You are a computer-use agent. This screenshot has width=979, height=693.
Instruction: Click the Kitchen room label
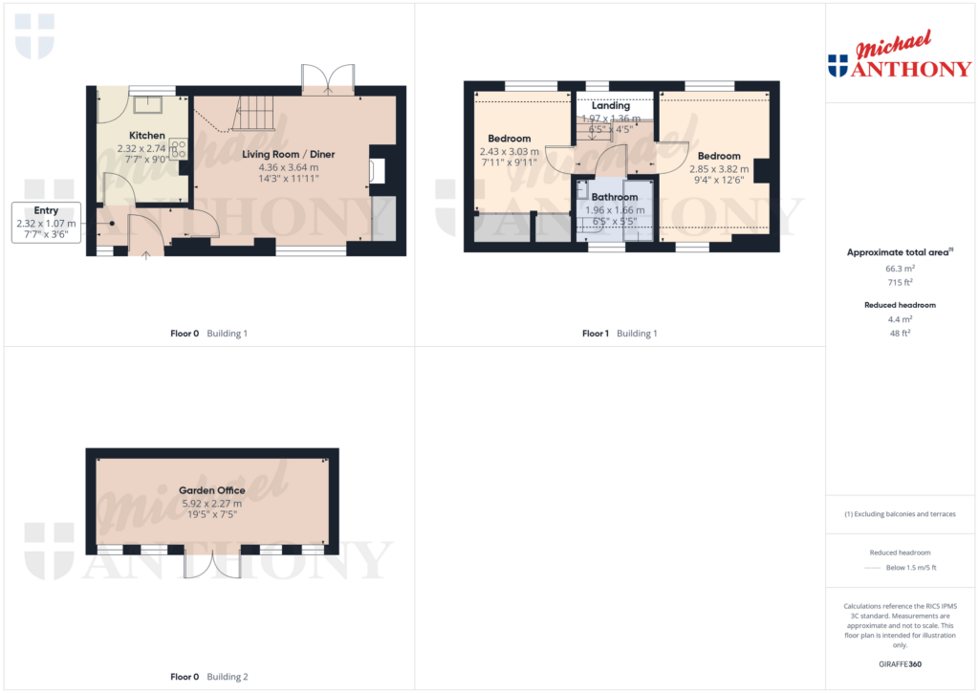pos(147,136)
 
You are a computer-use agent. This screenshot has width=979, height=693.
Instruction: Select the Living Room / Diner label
pos(288,154)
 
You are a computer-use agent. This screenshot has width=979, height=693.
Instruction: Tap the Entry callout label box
pos(46,223)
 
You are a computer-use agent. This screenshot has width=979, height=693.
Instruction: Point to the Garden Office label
pos(211,490)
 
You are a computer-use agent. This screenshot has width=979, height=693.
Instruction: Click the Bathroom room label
pos(614,197)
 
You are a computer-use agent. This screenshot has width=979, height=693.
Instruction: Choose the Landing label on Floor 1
pos(610,106)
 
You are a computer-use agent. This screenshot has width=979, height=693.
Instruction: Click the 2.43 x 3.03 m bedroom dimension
pos(509,151)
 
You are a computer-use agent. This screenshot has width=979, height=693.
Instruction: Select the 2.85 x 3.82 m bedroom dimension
pos(718,168)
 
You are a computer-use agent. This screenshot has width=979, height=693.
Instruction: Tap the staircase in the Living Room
pos(253,114)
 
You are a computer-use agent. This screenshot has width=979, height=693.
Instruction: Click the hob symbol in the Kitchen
pos(178,149)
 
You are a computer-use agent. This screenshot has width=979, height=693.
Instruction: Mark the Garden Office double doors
pos(212,565)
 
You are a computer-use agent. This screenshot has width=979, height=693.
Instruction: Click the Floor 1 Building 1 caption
pos(619,334)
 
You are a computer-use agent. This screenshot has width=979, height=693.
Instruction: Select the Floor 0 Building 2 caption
pos(208,677)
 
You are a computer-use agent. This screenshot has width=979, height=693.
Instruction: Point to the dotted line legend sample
pos(870,568)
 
